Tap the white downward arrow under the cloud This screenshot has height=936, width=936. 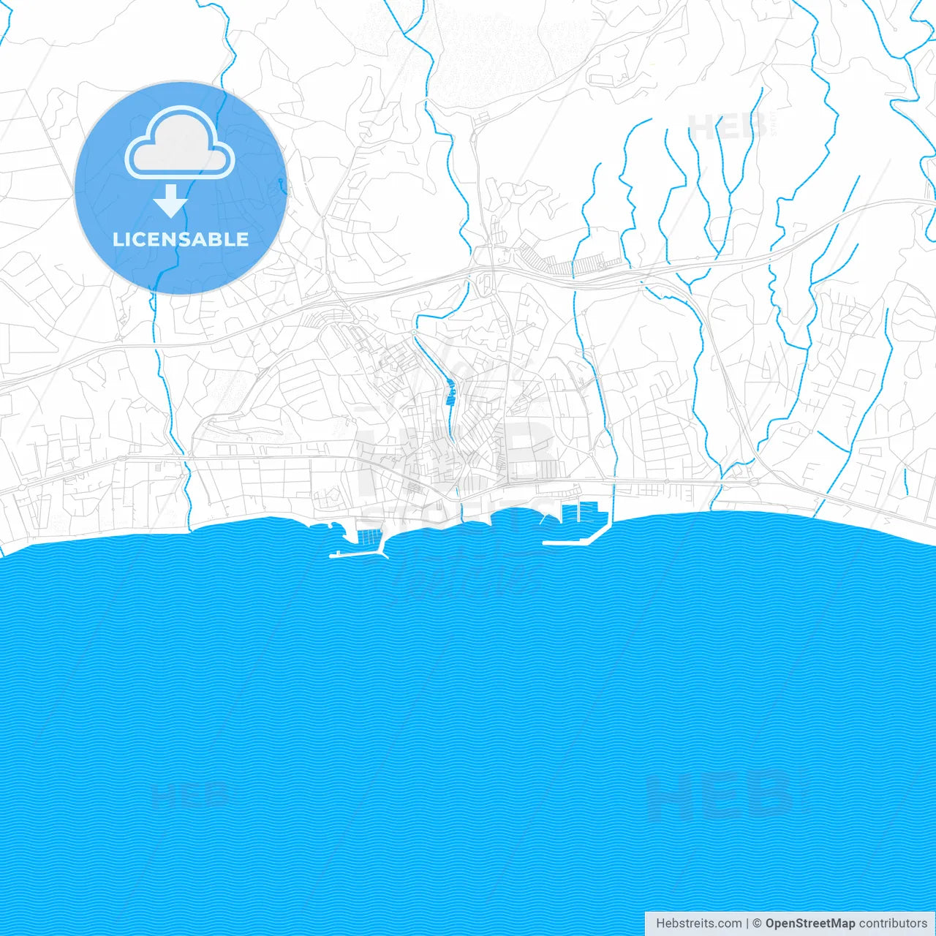pyautogui.click(x=170, y=201)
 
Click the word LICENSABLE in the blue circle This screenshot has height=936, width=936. pyautogui.click(x=181, y=239)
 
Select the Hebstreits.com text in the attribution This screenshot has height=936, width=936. pyautogui.click(x=698, y=924)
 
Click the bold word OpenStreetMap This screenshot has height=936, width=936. pyautogui.click(x=809, y=924)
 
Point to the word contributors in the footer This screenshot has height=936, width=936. pyautogui.click(x=893, y=924)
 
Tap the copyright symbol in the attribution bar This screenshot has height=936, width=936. pyautogui.click(x=757, y=924)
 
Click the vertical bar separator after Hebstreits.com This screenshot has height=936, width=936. pyautogui.click(x=747, y=924)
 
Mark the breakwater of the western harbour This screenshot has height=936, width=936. pyautogui.click(x=358, y=554)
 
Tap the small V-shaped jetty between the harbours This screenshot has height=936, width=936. pyautogui.click(x=550, y=518)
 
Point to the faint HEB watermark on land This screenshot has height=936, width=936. pyautogui.click(x=724, y=127)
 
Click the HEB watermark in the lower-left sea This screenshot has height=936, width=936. pyautogui.click(x=189, y=793)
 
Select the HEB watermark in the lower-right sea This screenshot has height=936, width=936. pyautogui.click(x=720, y=796)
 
